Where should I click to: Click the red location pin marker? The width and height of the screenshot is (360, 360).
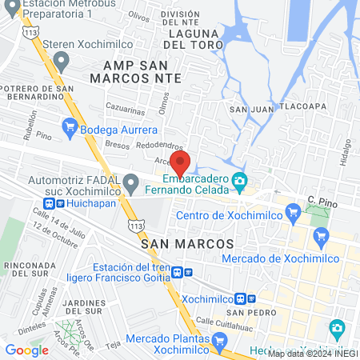point(180,163)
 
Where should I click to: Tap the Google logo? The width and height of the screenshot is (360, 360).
point(26,350)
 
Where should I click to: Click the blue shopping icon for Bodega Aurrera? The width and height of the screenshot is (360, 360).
point(70,125)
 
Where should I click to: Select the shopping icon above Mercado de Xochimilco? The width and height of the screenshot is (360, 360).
point(322,235)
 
